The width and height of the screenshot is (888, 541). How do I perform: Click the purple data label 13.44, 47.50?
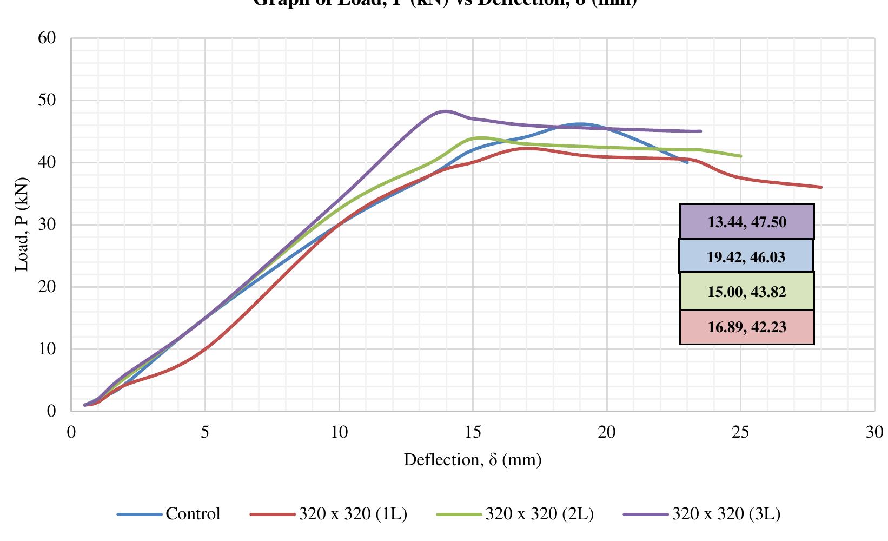747,222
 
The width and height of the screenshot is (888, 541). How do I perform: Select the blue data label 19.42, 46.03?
746,256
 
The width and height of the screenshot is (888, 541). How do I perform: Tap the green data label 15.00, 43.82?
747,292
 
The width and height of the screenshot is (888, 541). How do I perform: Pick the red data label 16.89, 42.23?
747,327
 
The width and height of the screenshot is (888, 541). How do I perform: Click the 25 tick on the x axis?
740,432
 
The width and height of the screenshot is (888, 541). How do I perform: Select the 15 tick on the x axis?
473,432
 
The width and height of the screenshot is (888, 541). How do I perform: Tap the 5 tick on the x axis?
205,432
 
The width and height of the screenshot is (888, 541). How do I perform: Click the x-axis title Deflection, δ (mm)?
472,460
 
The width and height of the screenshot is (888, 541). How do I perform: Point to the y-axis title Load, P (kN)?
22,225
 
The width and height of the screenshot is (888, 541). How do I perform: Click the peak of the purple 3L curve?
445,111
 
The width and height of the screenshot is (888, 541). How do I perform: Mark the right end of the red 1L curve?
821,187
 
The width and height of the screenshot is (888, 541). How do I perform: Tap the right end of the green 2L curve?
740,156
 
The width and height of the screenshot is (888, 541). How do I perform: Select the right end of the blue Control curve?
687,162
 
